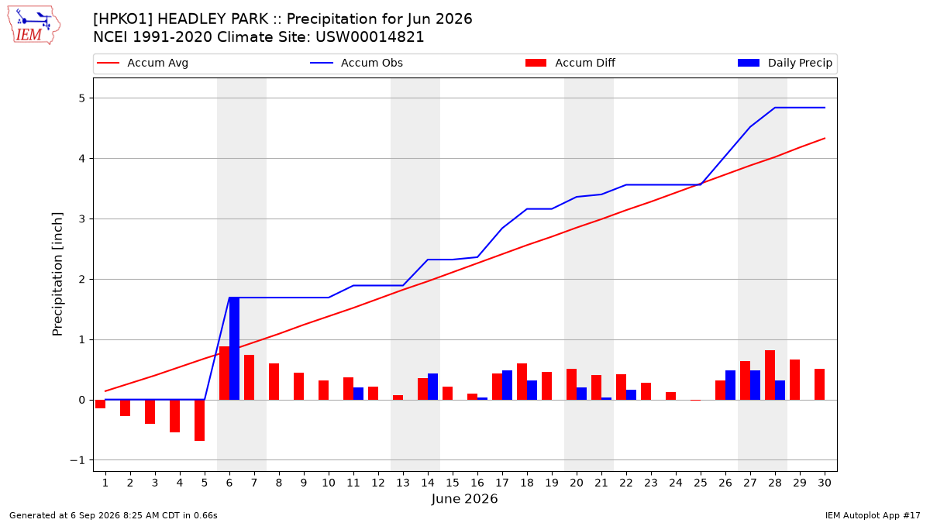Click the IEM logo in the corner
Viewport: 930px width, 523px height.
click(33, 26)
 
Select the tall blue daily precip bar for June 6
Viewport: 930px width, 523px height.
click(234, 349)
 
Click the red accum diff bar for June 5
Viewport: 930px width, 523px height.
click(199, 421)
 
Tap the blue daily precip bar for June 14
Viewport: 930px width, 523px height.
click(432, 387)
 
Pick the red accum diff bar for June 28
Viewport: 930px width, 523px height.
click(770, 375)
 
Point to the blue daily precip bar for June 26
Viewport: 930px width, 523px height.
click(730, 385)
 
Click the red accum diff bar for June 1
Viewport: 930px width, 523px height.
click(100, 404)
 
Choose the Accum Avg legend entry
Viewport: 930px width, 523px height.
click(143, 63)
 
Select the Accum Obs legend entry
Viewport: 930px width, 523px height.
click(356, 63)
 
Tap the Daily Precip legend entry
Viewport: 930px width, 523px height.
click(784, 63)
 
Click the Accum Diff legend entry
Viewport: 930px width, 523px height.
click(570, 63)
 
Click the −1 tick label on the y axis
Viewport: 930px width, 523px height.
click(77, 460)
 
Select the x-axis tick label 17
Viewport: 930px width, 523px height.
click(502, 483)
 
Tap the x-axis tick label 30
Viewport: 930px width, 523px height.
click(825, 483)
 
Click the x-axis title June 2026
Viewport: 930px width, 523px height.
click(464, 498)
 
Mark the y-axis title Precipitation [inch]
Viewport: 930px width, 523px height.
click(57, 274)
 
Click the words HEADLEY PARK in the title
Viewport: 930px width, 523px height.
click(213, 19)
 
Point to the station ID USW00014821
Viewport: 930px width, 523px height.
click(370, 37)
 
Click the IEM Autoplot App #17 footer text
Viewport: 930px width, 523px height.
click(873, 515)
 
